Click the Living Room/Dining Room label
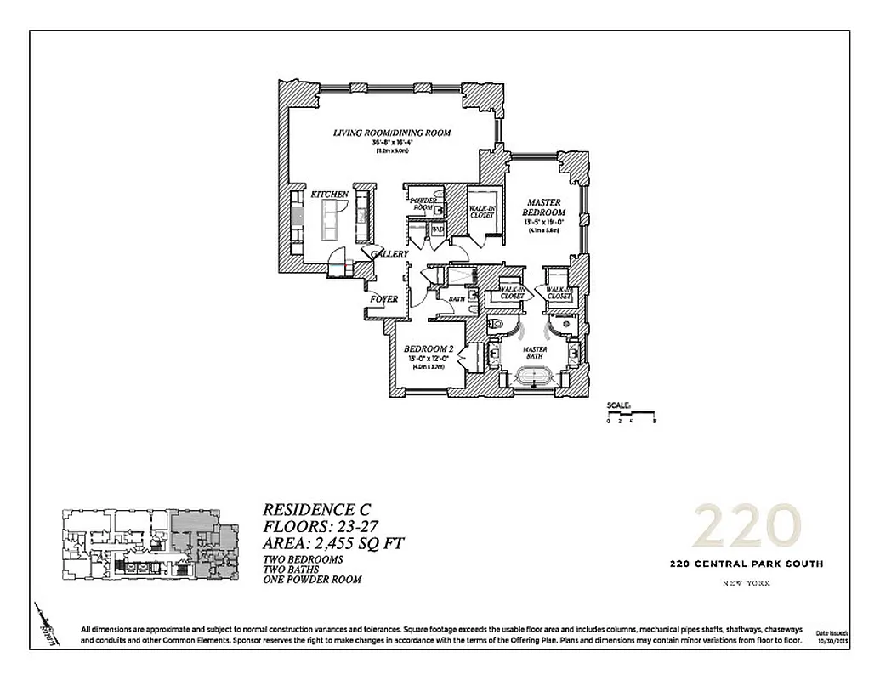(x=391, y=133)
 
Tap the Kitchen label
(x=329, y=195)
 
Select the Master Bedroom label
(x=544, y=207)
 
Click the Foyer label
(x=383, y=299)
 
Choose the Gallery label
(x=390, y=253)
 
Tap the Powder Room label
(x=423, y=204)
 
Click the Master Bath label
(x=534, y=350)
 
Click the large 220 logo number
(x=747, y=527)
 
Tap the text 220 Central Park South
(x=747, y=564)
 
